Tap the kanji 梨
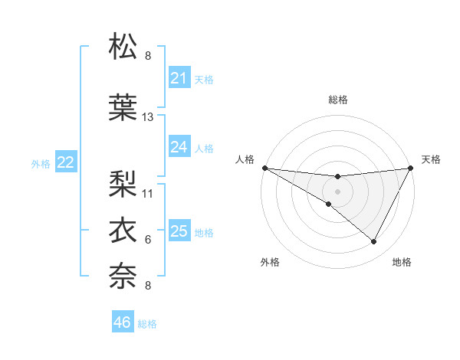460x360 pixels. tap(123, 183)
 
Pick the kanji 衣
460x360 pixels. tap(123, 229)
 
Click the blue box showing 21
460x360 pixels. tap(179, 78)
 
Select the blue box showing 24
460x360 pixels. tap(179, 147)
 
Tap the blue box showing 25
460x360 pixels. tap(179, 231)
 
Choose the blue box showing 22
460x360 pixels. tap(66, 162)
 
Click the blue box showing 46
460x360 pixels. tap(123, 322)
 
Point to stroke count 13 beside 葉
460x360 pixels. tap(148, 117)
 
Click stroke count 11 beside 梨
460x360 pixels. tap(148, 193)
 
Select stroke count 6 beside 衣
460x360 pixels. tap(148, 240)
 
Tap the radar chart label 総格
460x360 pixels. tap(337, 100)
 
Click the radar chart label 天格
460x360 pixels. tap(432, 159)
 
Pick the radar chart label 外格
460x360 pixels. tap(270, 263)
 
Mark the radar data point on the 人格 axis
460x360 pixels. tap(264, 168)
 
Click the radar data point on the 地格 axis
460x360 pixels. tap(373, 242)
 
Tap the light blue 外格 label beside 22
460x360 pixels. tap(41, 163)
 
